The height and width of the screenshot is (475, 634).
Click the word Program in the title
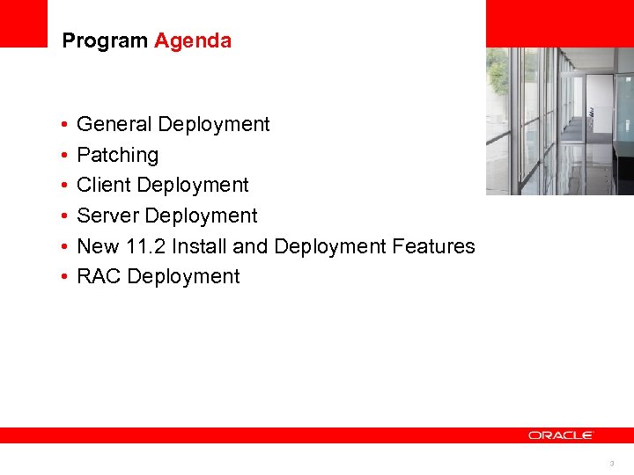click(x=105, y=41)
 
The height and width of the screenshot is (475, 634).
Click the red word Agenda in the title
click(x=193, y=41)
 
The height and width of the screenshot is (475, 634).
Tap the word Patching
click(x=118, y=156)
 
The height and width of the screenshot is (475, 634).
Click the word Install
click(x=200, y=247)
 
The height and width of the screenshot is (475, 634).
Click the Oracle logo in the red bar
click(x=561, y=435)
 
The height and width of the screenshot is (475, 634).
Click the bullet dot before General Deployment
click(x=65, y=126)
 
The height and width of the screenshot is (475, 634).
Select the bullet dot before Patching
click(x=65, y=157)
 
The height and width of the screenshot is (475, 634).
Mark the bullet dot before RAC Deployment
click(x=65, y=278)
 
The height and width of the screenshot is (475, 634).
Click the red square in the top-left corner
click(x=23, y=23)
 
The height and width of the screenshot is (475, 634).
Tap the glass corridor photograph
click(x=559, y=121)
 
